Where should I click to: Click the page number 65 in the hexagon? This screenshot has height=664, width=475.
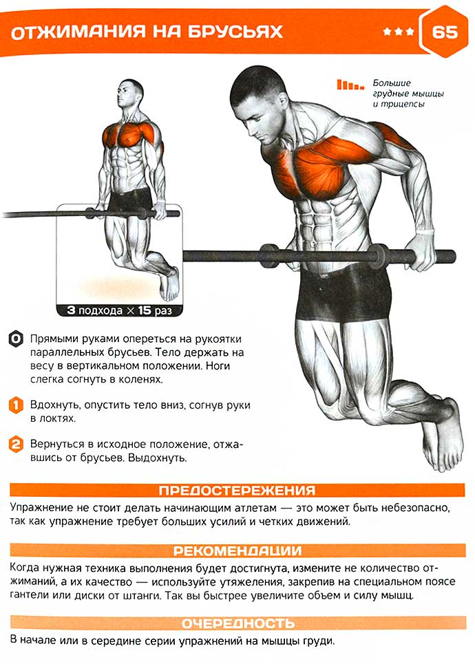445,32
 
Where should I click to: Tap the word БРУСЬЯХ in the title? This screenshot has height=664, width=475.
235,32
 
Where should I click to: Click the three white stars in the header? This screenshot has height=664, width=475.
399,32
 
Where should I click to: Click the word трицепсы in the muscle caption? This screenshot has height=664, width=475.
403,104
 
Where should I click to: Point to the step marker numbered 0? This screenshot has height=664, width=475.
16,339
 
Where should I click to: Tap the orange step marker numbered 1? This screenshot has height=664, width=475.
16,405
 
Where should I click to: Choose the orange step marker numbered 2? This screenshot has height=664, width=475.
16,445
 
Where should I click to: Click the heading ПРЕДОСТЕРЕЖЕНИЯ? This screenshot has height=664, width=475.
237,491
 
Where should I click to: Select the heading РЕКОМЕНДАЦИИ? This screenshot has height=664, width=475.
237,550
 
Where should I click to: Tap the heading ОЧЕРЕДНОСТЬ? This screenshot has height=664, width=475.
237,623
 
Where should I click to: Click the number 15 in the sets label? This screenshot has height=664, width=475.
144,310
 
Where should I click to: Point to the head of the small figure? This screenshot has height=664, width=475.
130,94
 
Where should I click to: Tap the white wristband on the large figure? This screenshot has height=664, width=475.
425,233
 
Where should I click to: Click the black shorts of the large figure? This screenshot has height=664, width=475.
344,292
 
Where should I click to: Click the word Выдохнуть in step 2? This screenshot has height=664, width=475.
157,458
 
